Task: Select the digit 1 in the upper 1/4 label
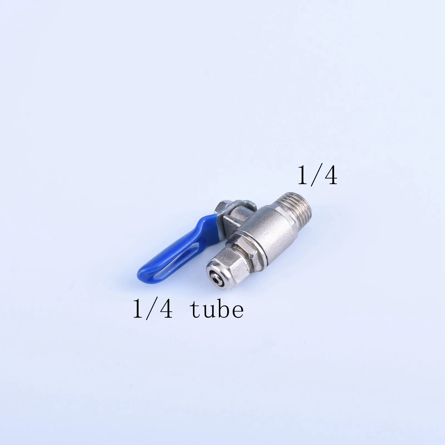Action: [x=303, y=175]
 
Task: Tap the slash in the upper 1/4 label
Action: [x=315, y=175]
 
